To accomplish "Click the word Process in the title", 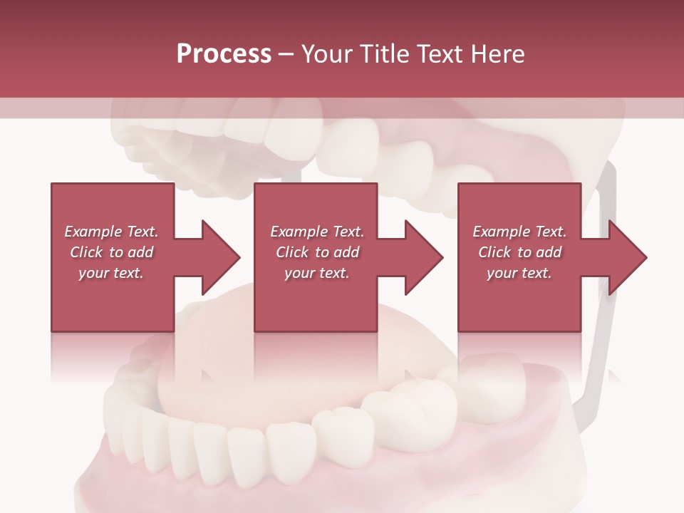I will tap(224, 54).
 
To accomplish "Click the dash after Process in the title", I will tap(286, 55).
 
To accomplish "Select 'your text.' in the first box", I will tap(111, 273).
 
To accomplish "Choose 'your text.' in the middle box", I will tap(316, 273).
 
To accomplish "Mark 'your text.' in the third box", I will tap(519, 273).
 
